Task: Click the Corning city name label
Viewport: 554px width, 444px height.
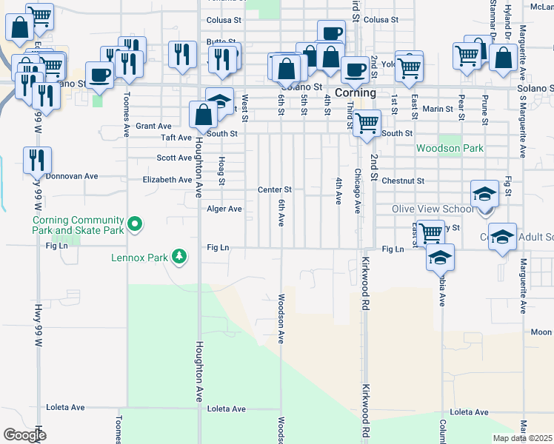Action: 356,93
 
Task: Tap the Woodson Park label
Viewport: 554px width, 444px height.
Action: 450,148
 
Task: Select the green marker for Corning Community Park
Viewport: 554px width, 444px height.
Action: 135,223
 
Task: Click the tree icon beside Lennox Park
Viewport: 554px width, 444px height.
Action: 178,257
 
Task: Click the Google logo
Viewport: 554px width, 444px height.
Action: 24,435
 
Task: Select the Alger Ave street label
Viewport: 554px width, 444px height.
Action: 224,209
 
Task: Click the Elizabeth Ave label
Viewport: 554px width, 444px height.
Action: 167,180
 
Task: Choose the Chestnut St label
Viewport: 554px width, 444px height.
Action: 403,181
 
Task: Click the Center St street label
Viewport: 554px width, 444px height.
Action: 275,190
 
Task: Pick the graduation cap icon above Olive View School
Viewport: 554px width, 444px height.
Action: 484,194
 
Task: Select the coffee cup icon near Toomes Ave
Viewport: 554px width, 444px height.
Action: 99,73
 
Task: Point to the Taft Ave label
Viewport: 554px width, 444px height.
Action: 177,138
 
